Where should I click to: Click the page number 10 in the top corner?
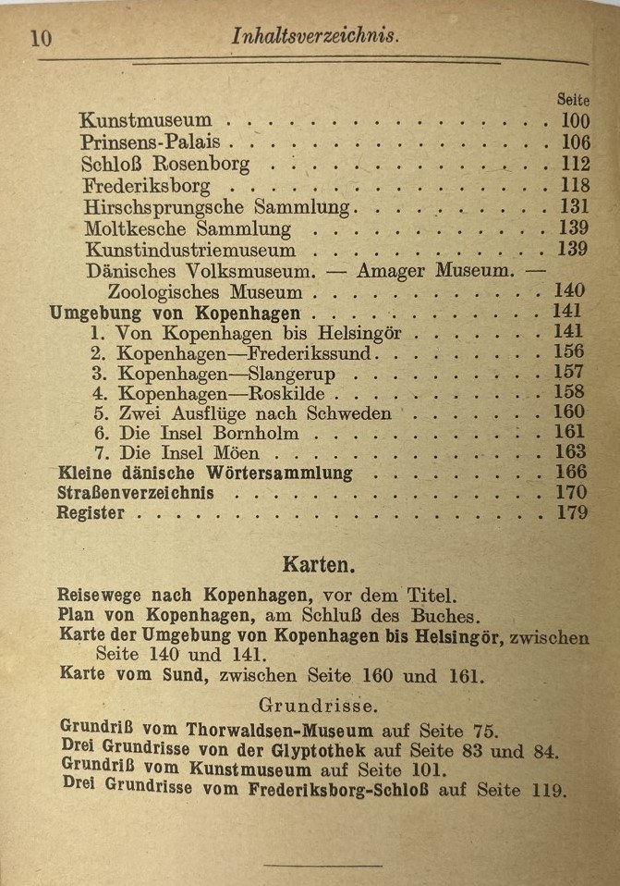coord(40,38)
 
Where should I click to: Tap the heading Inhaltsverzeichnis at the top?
coord(314,36)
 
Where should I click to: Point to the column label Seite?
coord(573,99)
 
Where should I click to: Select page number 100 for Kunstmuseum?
coord(574,121)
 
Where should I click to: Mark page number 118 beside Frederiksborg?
coord(574,186)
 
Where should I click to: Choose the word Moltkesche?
coord(135,228)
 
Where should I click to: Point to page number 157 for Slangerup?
coord(570,373)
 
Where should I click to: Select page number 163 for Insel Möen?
coord(570,452)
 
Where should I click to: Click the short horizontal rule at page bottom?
coord(322,866)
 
